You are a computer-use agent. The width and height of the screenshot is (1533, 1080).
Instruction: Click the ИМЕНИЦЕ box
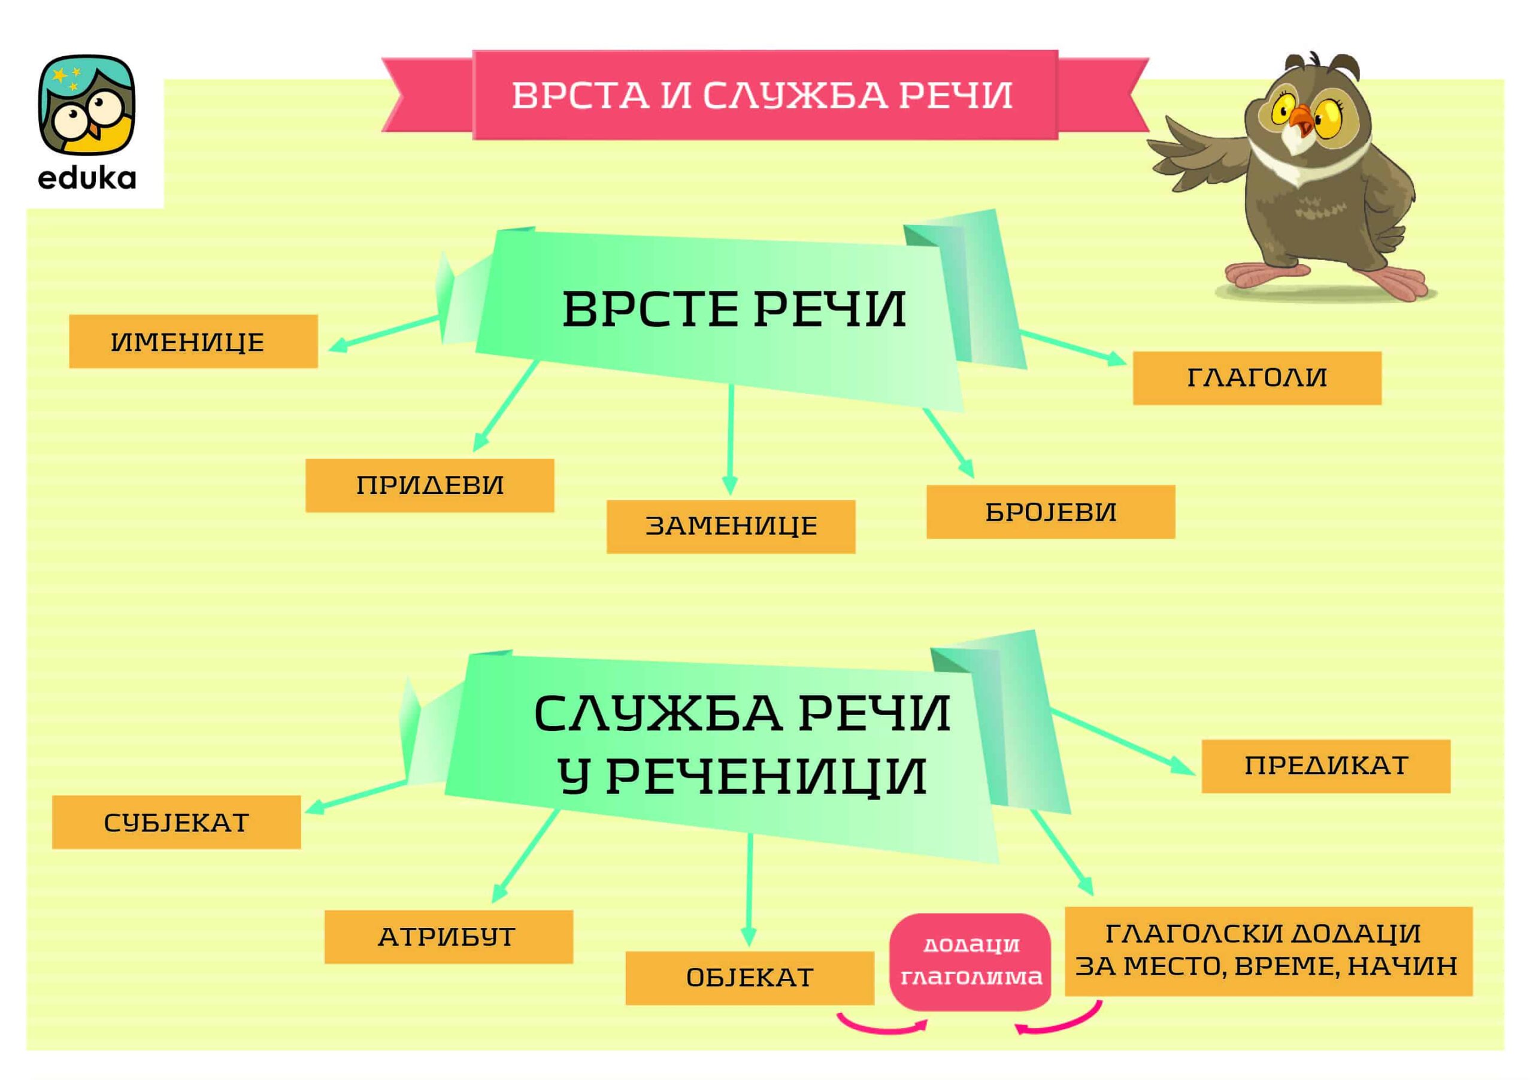pos(193,341)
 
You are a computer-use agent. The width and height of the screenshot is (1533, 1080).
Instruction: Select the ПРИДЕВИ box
pos(430,486)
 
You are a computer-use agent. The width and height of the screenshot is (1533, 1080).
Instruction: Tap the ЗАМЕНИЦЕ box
pos(731,527)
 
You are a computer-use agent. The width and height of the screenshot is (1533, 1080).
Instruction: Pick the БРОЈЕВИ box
pos(1051,512)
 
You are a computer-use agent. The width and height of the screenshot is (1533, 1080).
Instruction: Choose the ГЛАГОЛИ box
pos(1258,378)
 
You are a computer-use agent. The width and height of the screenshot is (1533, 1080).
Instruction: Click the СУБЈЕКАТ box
pos(176,823)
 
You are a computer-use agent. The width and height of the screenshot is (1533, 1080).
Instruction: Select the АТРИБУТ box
pos(449,936)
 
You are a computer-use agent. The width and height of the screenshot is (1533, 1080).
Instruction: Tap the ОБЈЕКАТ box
pos(750,978)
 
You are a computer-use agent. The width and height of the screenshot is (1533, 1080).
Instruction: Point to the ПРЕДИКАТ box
pos(1326,766)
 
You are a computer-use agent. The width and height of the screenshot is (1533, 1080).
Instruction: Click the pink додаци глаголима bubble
pos(970,962)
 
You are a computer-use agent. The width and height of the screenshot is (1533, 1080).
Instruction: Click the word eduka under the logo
pos(87,178)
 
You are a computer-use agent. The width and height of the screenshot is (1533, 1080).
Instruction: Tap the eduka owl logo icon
pos(87,105)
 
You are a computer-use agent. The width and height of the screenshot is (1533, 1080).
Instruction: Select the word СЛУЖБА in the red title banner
pos(795,95)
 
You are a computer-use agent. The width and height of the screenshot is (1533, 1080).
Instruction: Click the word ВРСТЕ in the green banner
pos(650,309)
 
